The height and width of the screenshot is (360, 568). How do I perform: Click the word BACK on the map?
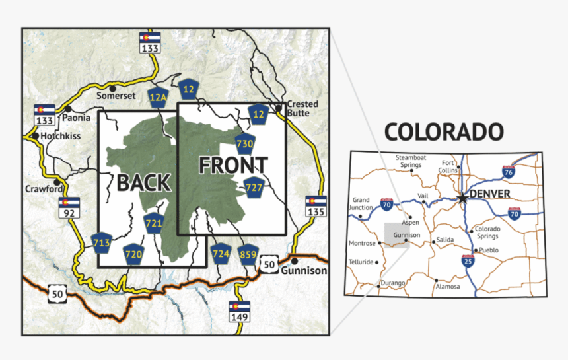point(144,182)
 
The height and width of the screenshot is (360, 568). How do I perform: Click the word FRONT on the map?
point(233,165)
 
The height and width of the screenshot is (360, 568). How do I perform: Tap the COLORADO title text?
point(443,131)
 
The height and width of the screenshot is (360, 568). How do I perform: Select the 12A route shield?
point(158,97)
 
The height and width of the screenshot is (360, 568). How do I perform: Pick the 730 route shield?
point(245,143)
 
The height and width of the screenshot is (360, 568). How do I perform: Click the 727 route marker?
point(254,187)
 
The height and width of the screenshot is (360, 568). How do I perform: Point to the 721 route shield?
point(153,223)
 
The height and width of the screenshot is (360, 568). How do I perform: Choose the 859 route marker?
point(248,254)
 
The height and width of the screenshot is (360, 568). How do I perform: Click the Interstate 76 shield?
point(508,172)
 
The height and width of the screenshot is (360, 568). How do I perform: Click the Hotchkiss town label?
point(60,136)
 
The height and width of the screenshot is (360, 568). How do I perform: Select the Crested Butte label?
point(302,108)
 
